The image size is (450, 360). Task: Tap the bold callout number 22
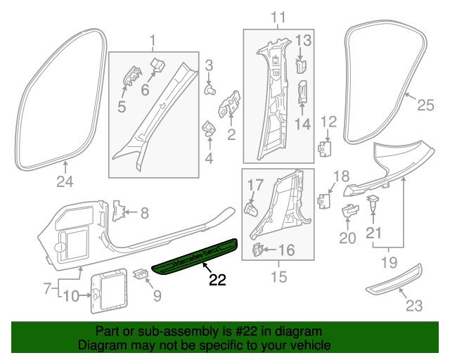click(217, 280)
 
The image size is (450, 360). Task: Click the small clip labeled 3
click(210, 90)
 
